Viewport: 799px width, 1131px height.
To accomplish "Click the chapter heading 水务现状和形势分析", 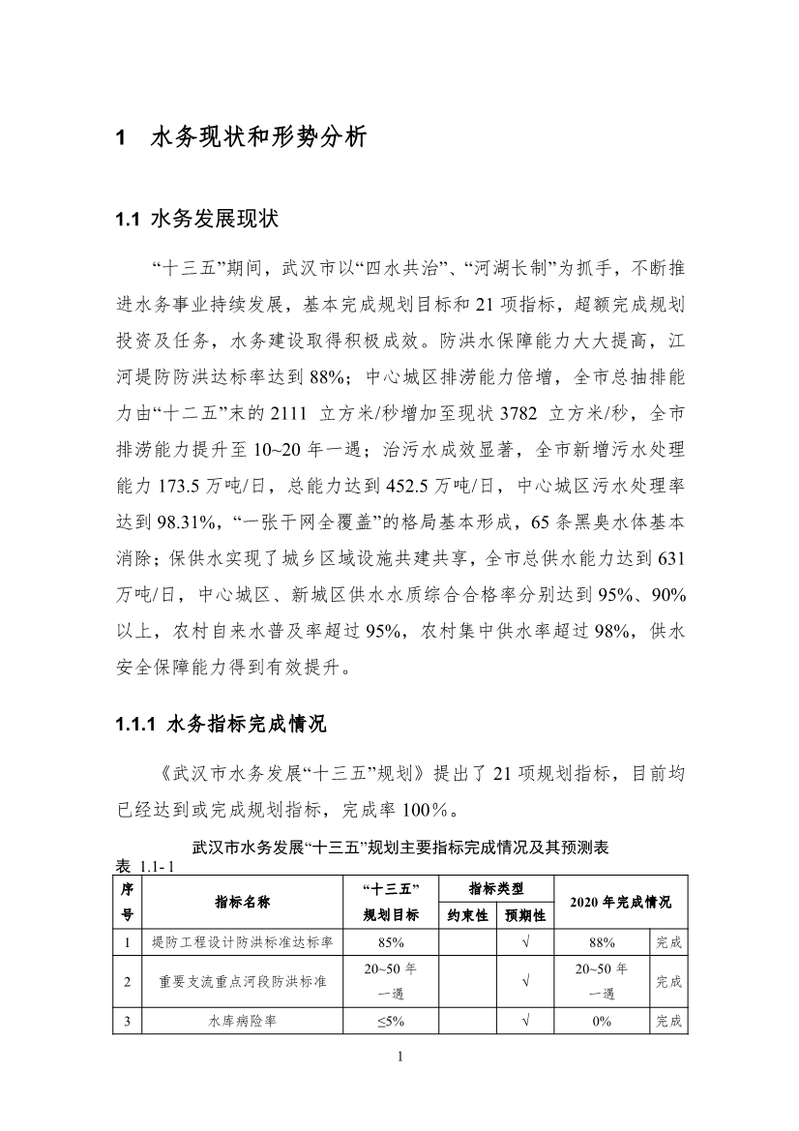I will [258, 137].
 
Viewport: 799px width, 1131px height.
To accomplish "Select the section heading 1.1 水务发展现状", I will [196, 220].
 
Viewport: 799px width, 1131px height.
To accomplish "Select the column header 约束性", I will [468, 914].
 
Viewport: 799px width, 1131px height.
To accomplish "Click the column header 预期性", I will [525, 914].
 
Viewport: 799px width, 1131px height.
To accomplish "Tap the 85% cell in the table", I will [391, 940].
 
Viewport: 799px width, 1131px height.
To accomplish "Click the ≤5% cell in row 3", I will [391, 1021].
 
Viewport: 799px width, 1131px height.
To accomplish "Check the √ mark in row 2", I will [525, 981].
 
